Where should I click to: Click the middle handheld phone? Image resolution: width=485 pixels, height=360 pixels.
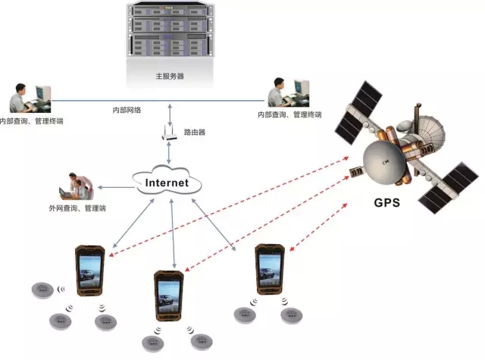(x=168, y=296)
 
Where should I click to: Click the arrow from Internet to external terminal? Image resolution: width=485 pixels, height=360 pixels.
(x=114, y=186)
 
